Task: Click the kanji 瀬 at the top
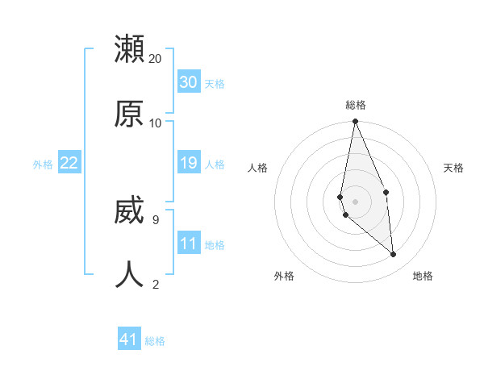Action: point(129,49)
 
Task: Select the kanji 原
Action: point(129,114)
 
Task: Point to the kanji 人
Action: point(129,274)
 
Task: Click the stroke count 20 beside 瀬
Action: point(156,59)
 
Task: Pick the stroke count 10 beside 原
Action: point(156,123)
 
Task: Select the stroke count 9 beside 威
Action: point(155,219)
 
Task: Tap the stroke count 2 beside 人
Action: point(155,283)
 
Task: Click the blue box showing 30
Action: point(189,82)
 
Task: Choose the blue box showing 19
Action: point(189,163)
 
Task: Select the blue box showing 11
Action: point(189,243)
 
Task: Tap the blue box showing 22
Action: point(69,163)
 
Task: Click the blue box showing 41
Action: point(129,339)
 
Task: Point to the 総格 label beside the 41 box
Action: point(155,341)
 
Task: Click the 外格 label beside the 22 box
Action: point(43,165)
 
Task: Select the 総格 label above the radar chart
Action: point(356,105)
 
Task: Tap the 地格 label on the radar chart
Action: point(423,276)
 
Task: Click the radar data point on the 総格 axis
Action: point(355,122)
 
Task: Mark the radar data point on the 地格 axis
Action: point(394,255)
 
